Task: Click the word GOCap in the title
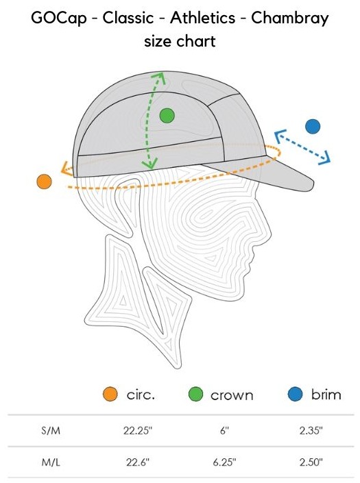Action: pos(58,18)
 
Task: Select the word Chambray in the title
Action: pos(290,18)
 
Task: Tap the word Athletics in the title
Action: pos(202,18)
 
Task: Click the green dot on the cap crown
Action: pos(167,116)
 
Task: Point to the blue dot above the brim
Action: pos(313,126)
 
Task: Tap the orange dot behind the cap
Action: pos(44,181)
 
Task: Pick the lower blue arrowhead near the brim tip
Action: pos(325,158)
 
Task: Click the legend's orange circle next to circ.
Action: pos(110,394)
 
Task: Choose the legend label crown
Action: pos(232,395)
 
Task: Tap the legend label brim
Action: pos(326,395)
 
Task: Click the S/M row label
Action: pos(51,430)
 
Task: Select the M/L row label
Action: pos(51,462)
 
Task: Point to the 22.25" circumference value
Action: pos(138,430)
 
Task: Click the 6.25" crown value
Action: pos(224,462)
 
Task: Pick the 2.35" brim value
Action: pos(311,430)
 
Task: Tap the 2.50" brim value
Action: pos(311,462)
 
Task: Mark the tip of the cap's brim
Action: pos(313,184)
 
